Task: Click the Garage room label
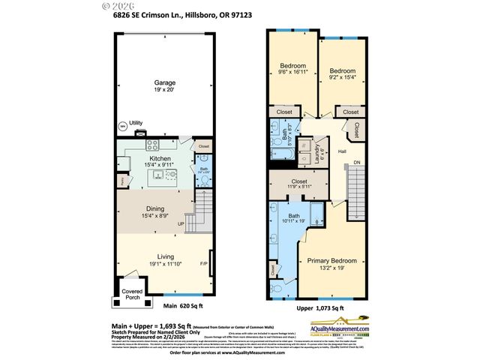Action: point(165,82)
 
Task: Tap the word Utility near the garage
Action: point(136,123)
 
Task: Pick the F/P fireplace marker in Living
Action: point(203,264)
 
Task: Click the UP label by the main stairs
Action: point(180,223)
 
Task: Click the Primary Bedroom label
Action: point(331,261)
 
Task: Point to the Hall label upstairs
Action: point(341,151)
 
